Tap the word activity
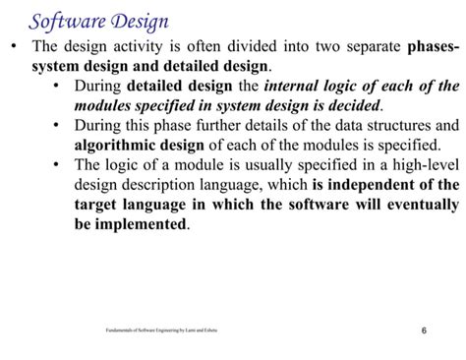pos(141,48)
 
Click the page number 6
pos(423,330)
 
